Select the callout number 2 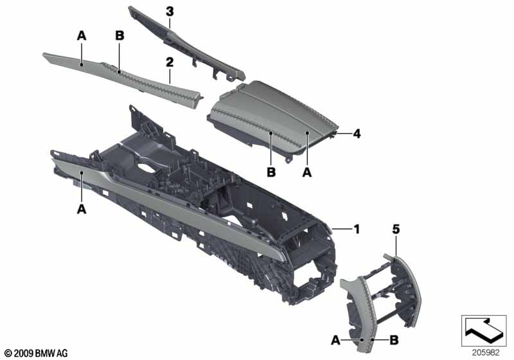tap(170, 62)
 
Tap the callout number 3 tap(170, 11)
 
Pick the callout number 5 tap(396, 228)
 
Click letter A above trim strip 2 tap(82, 37)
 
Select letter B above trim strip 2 tap(119, 37)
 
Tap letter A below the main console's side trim tap(82, 208)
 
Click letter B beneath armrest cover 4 tap(270, 172)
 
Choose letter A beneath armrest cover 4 tap(306, 172)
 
